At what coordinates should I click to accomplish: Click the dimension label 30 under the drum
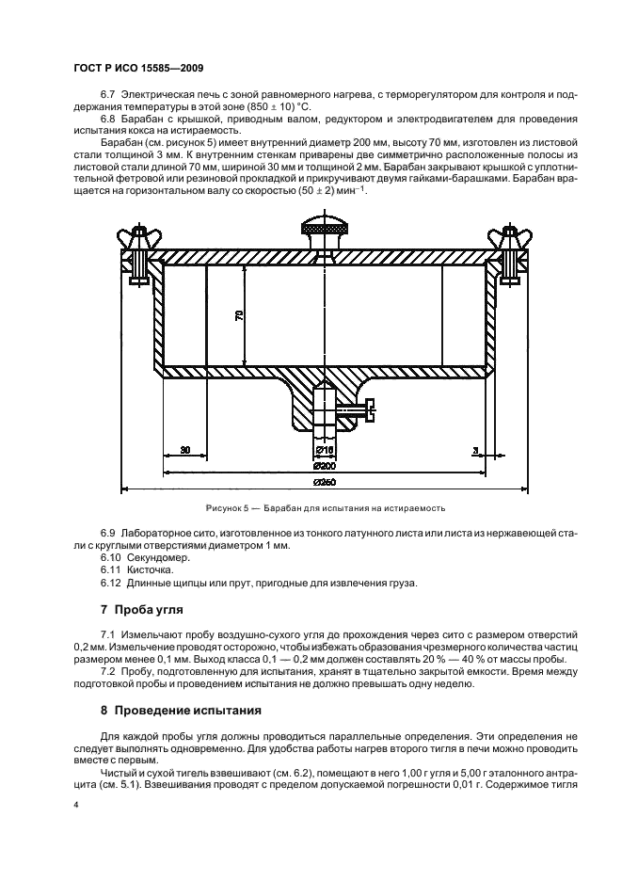point(184,450)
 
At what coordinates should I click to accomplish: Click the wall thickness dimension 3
point(475,450)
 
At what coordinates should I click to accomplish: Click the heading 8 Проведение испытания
point(180,710)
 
